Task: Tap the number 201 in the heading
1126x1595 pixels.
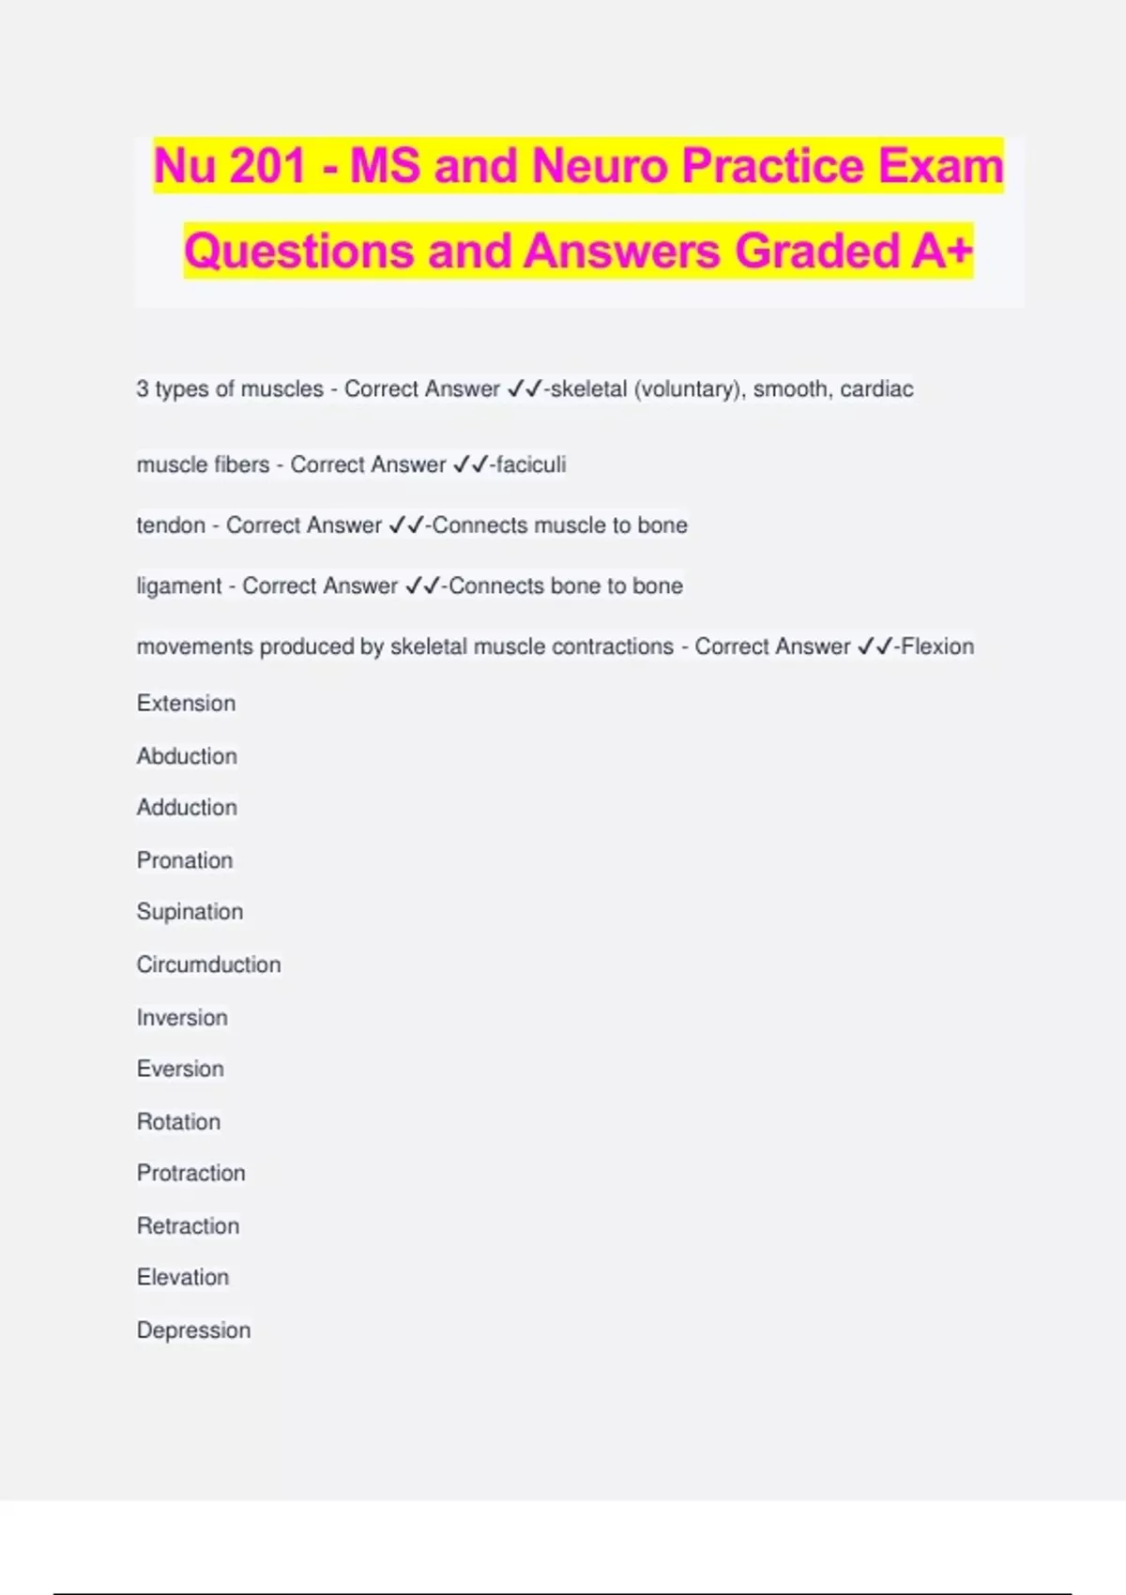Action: (267, 166)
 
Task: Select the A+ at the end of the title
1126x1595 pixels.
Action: (941, 251)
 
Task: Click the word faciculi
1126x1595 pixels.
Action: (531, 464)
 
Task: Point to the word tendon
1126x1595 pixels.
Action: (171, 525)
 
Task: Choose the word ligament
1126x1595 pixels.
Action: (179, 586)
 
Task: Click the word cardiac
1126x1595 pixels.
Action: (876, 389)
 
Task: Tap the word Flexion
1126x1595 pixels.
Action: (937, 646)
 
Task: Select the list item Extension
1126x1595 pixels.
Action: (186, 704)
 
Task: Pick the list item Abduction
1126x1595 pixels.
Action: (187, 756)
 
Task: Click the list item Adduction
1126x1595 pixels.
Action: (187, 808)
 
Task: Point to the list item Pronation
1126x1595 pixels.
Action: (185, 860)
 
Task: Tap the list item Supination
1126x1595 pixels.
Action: (190, 912)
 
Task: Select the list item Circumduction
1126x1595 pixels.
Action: (208, 965)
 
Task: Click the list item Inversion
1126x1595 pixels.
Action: (182, 1018)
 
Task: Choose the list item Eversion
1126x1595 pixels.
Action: (180, 1070)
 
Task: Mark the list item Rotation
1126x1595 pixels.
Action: (178, 1122)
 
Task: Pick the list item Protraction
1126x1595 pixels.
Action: (190, 1174)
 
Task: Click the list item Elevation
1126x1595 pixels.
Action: (183, 1278)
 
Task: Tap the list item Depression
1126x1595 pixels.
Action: (193, 1330)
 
